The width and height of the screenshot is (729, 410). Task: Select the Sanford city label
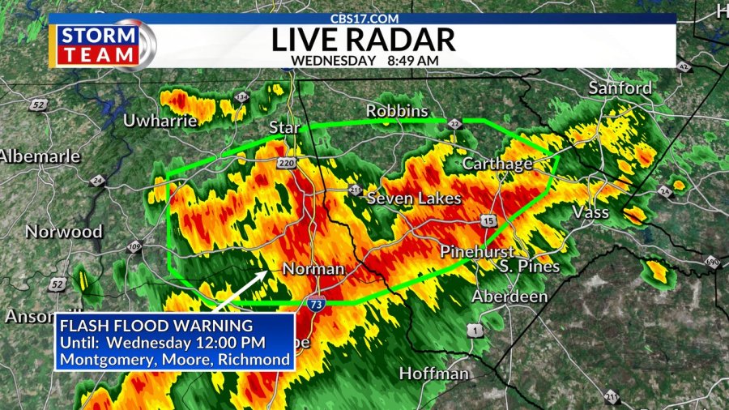pos(620,88)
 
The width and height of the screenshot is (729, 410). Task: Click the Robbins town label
pos(396,110)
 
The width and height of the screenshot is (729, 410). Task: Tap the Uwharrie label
pos(160,121)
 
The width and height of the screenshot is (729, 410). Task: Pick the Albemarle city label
pos(39,156)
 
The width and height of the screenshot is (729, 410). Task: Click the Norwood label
pos(64,232)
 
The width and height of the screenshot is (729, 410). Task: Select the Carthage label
pos(497,164)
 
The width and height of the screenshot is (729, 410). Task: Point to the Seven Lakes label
pos(414,199)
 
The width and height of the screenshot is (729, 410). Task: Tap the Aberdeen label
pos(509,297)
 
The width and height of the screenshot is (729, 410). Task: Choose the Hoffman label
pos(433,374)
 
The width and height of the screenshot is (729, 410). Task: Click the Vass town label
pos(590,212)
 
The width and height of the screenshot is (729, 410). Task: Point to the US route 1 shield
pos(474,329)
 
